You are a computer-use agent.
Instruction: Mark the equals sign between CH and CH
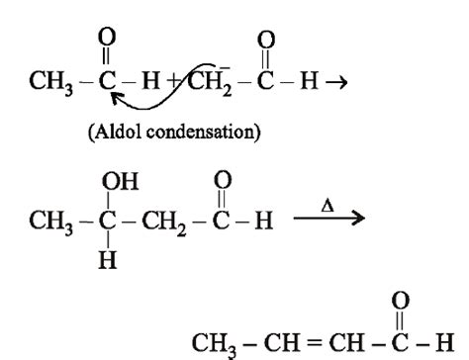tap(298, 341)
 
